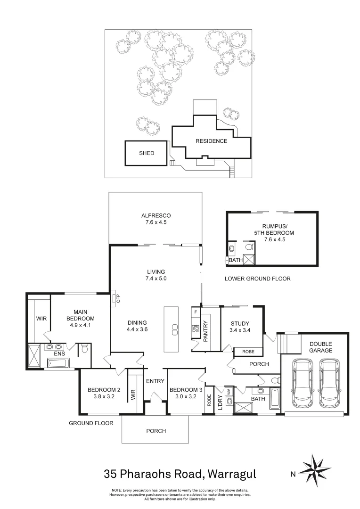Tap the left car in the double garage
tap(302, 383)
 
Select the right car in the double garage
tap(329, 383)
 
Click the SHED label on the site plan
tap(146, 153)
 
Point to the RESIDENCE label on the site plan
tap(212, 141)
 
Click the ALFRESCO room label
tap(155, 216)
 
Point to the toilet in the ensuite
tap(84, 349)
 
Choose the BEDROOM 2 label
tap(105, 390)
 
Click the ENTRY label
tap(155, 381)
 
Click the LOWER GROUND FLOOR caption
tap(257, 279)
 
